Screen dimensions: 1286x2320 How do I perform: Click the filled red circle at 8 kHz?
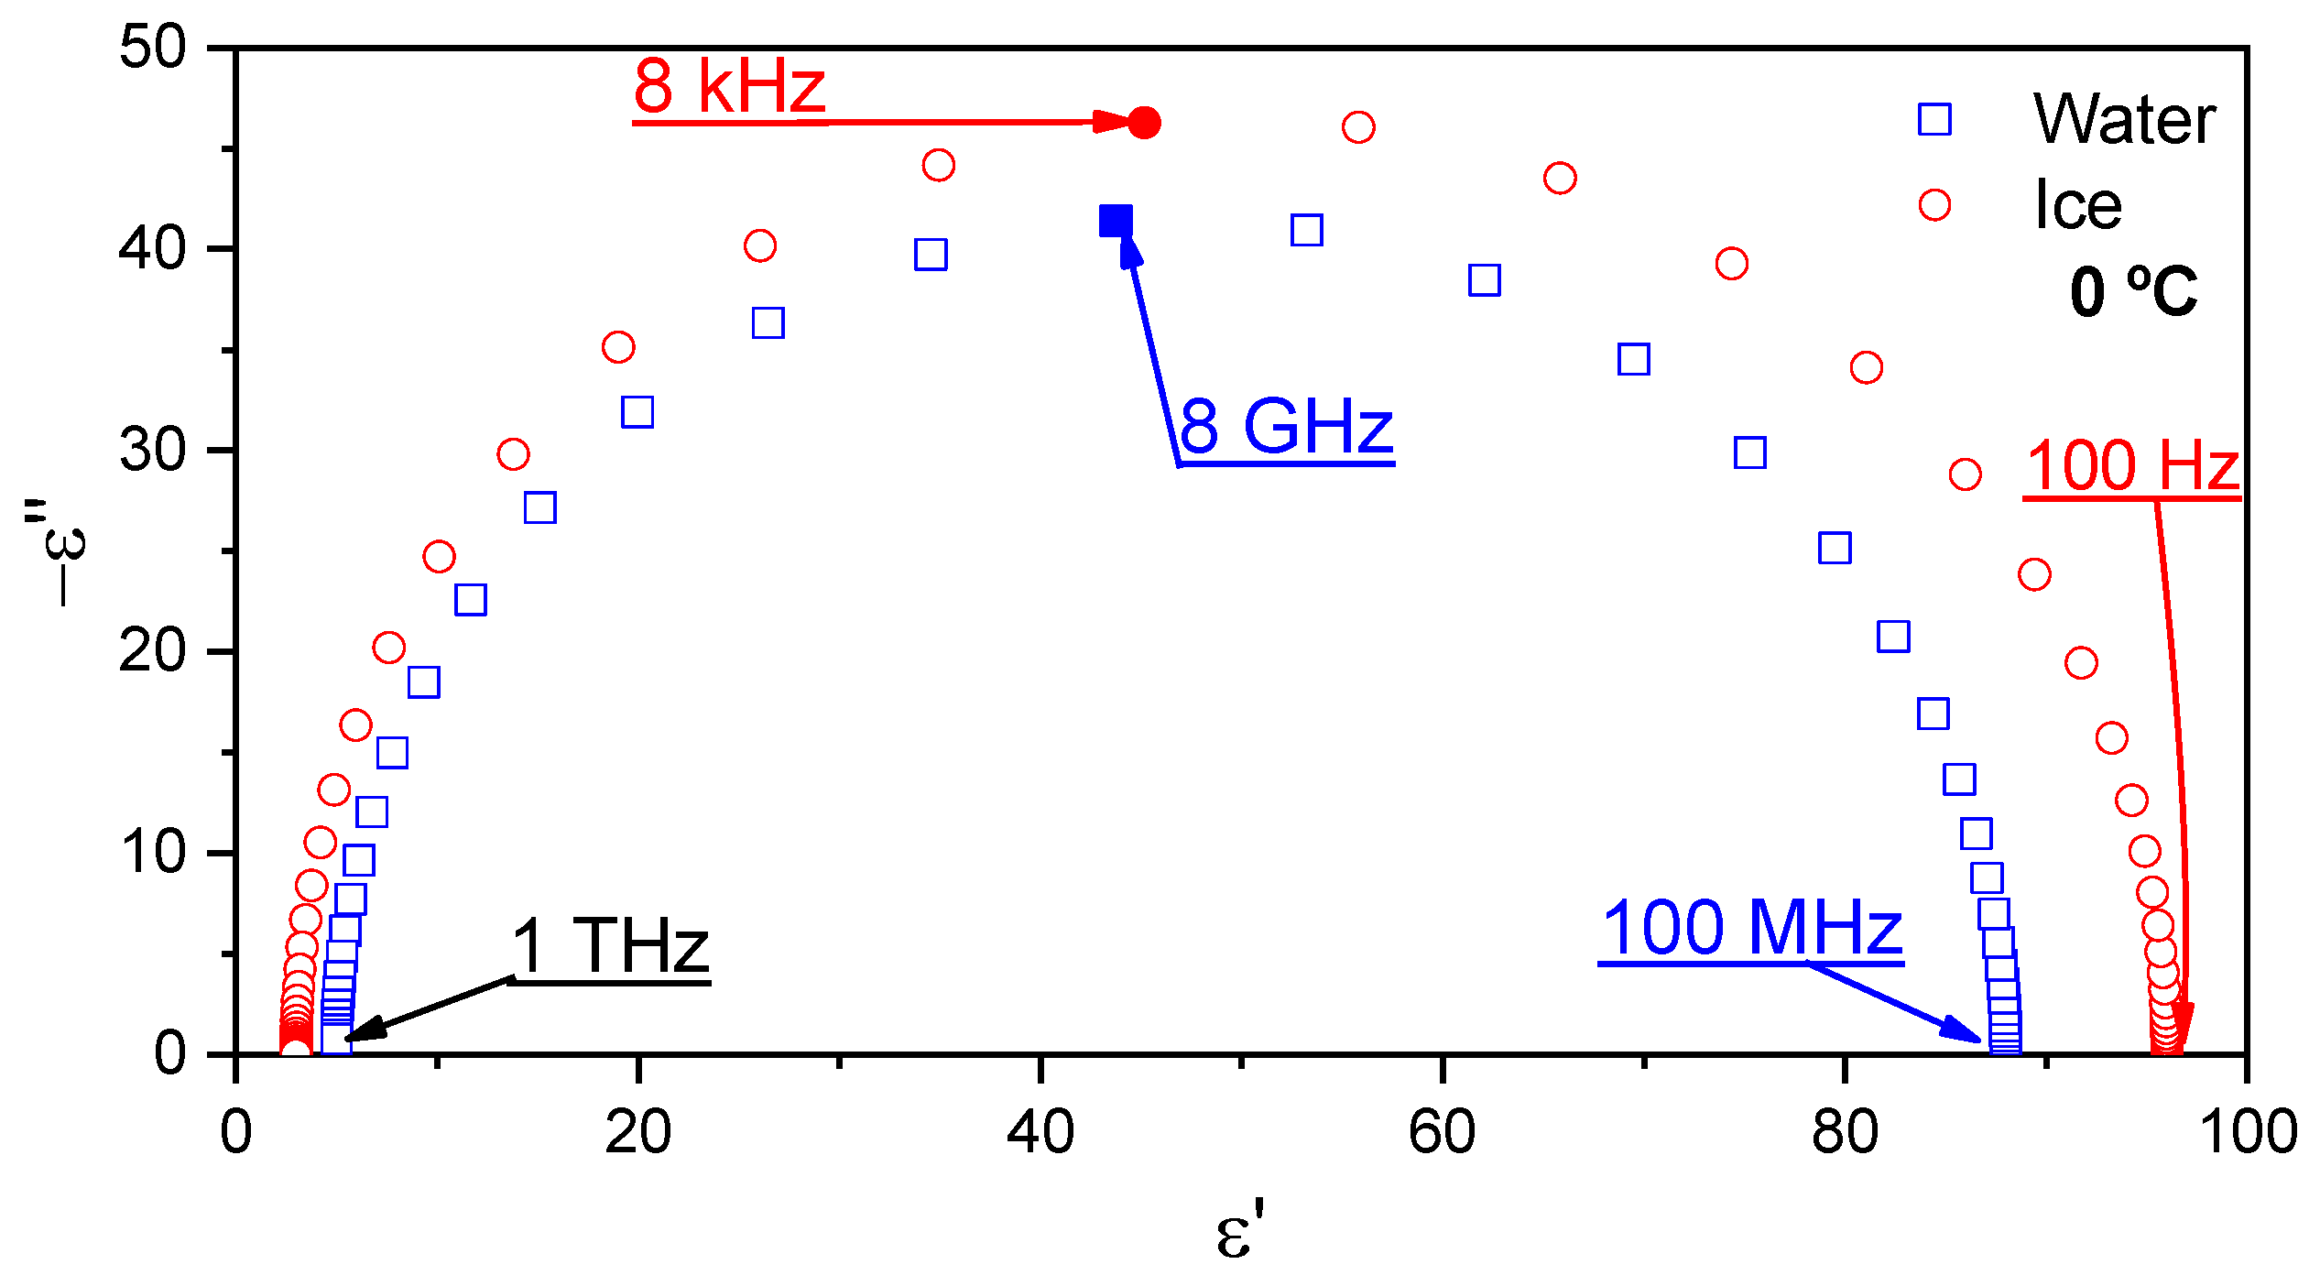[1144, 123]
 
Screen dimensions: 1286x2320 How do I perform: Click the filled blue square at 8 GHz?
[1116, 221]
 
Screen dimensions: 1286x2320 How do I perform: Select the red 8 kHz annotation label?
[729, 87]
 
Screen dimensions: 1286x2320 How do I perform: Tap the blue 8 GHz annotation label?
[1286, 427]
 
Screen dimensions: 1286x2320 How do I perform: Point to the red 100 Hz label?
[2132, 466]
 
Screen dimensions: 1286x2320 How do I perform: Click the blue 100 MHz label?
[1752, 928]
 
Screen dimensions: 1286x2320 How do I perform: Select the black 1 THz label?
[611, 946]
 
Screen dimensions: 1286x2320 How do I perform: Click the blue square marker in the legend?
[1934, 119]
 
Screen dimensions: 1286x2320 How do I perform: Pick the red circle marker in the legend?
[1934, 204]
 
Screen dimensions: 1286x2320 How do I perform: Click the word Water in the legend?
[2124, 119]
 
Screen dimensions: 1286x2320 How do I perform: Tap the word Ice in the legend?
[2077, 204]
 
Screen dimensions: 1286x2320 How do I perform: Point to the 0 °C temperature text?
[2133, 292]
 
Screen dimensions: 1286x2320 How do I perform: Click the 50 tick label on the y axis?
[152, 47]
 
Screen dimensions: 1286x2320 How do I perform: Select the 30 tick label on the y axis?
[152, 450]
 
